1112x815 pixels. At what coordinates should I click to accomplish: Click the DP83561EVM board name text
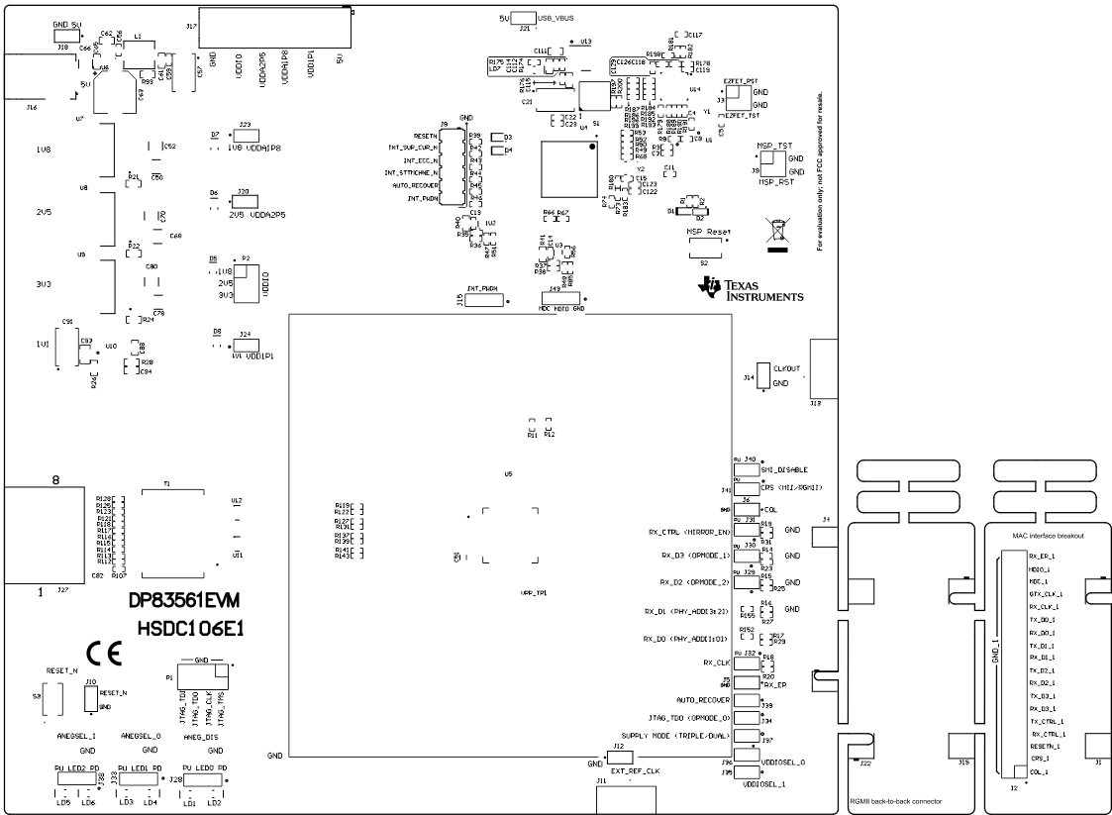click(x=185, y=601)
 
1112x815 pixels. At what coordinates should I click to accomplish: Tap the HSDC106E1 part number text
click(x=191, y=629)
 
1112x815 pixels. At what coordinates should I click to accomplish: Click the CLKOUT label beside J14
click(x=786, y=367)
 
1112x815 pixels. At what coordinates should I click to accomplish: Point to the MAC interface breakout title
click(x=1049, y=536)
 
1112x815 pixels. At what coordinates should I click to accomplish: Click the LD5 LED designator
click(x=62, y=801)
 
